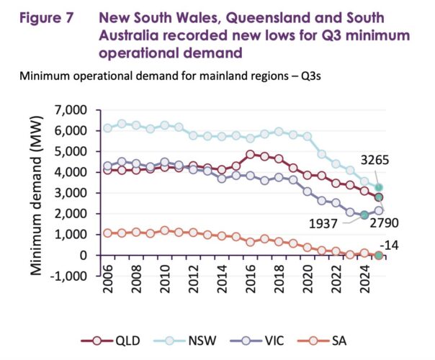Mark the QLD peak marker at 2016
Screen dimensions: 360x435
pos(250,154)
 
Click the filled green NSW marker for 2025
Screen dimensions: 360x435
pos(378,187)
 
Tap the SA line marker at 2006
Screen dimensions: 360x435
pos(108,233)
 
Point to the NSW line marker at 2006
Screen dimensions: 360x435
pos(108,127)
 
